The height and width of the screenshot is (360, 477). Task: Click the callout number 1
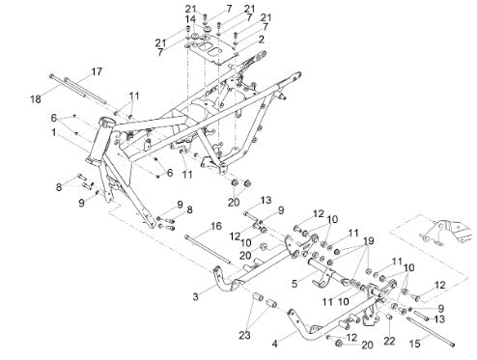[x=54, y=132]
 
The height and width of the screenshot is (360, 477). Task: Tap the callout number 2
[x=262, y=40]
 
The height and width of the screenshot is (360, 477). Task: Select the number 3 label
[x=196, y=296]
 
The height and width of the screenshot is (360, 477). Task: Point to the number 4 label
[x=274, y=344]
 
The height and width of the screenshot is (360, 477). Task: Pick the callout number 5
[x=295, y=284]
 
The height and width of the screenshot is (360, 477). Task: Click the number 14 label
[x=190, y=19]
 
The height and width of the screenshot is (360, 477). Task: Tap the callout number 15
[x=415, y=344]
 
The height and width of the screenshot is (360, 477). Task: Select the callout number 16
[x=216, y=226]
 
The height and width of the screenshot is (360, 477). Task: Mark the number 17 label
[x=97, y=71]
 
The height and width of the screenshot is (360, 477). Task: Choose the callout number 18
[x=36, y=99]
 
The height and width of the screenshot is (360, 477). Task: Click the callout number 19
[x=369, y=240]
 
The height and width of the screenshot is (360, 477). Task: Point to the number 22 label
[x=389, y=341]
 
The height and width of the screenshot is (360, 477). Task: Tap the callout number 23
[x=244, y=336]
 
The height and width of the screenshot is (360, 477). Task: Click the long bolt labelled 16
[x=208, y=250]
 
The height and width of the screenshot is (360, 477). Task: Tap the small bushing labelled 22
[x=389, y=318]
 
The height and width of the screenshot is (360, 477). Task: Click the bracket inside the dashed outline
[x=444, y=233]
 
